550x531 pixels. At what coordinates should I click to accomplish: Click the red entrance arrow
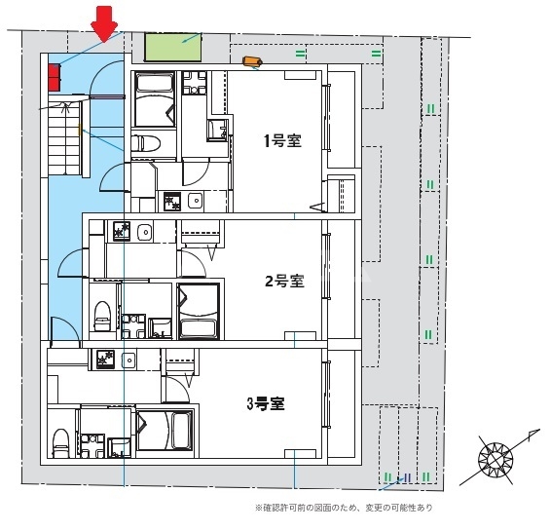(x=104, y=24)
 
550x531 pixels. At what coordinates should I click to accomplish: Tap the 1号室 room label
(x=282, y=141)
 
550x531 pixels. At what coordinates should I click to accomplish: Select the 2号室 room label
(x=284, y=281)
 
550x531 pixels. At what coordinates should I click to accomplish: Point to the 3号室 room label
(x=266, y=404)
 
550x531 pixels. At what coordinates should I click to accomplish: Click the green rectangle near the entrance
(x=173, y=48)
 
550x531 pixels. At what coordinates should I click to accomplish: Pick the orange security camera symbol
(x=252, y=61)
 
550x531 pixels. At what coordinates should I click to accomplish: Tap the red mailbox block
(x=54, y=77)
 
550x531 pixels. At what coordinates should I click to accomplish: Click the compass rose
(x=495, y=459)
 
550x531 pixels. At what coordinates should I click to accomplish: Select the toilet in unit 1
(x=146, y=143)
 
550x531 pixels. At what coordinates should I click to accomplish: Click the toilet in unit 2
(x=102, y=316)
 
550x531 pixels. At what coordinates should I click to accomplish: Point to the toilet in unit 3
(x=60, y=443)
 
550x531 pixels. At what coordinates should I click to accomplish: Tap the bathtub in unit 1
(x=155, y=99)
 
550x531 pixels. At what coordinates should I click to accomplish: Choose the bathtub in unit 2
(x=199, y=311)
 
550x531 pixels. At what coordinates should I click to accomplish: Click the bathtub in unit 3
(x=165, y=431)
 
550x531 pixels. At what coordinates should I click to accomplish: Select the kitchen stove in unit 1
(x=172, y=202)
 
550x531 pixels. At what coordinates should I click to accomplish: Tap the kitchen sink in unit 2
(x=144, y=232)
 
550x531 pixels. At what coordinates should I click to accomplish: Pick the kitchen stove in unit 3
(x=105, y=360)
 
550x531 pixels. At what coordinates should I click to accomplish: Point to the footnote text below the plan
(x=344, y=508)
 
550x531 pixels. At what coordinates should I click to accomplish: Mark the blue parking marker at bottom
(x=407, y=477)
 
